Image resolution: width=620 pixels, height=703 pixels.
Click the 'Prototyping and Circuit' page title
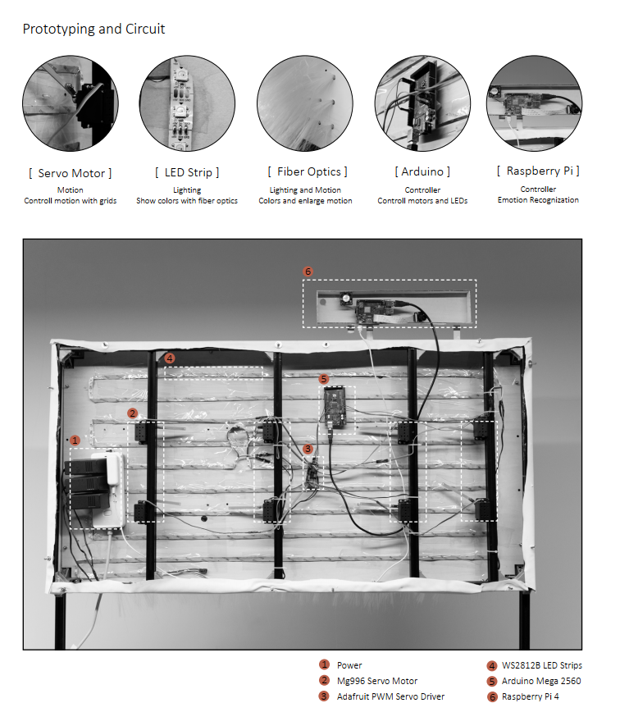[x=93, y=29]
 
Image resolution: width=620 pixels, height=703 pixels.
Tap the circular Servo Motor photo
[x=71, y=103]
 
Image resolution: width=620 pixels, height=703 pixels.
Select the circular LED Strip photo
[x=187, y=103]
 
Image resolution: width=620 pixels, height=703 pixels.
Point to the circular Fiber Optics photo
[x=305, y=103]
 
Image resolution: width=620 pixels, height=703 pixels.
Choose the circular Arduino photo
[x=422, y=103]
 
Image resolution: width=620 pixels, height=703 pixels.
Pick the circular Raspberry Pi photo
[x=535, y=103]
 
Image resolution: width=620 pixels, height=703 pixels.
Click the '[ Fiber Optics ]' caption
[x=308, y=171]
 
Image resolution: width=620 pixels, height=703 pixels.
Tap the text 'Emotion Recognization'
[x=538, y=200]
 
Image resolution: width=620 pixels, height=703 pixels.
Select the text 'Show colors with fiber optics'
[x=187, y=201]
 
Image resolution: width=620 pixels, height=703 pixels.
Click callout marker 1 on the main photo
[x=75, y=441]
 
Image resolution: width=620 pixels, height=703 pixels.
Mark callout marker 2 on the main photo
[x=132, y=413]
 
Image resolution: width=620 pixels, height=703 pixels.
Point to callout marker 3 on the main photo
[x=308, y=449]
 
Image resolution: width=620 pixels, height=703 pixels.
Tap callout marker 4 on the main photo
[x=170, y=358]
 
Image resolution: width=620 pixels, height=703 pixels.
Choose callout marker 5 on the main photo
[x=324, y=379]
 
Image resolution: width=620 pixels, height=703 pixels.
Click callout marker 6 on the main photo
[x=308, y=272]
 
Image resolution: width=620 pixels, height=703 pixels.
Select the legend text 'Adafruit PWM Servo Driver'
[x=390, y=696]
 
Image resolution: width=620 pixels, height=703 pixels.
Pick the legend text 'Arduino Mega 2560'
[x=541, y=681]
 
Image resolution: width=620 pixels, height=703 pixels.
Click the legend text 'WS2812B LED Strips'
[x=541, y=665]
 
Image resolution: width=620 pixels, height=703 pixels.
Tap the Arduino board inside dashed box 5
[x=335, y=409]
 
